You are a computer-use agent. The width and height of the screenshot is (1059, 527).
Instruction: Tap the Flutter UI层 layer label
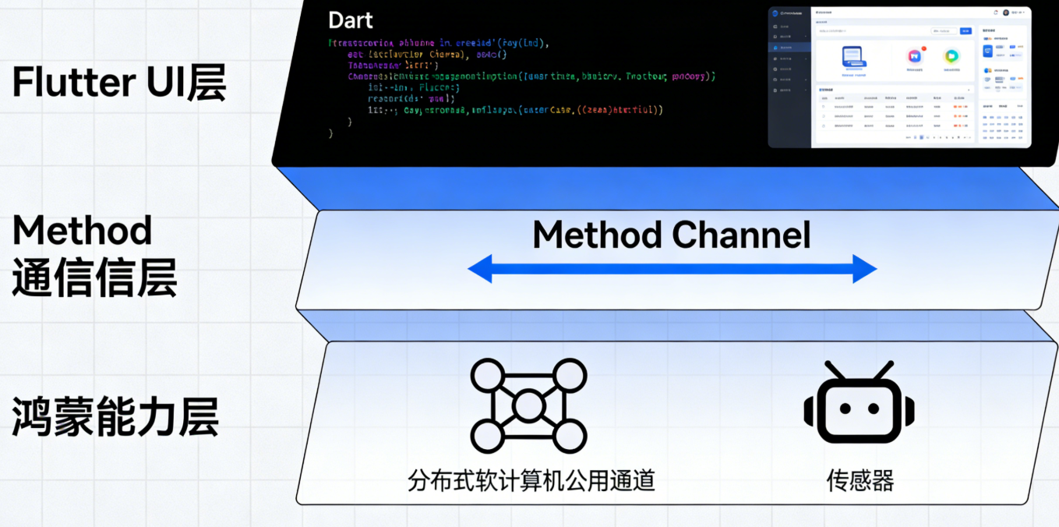[119, 83]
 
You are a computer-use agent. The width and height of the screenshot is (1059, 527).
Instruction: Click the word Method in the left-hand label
[82, 231]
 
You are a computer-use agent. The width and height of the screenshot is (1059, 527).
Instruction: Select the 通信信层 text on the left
[94, 278]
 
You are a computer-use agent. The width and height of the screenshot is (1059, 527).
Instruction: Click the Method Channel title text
[671, 235]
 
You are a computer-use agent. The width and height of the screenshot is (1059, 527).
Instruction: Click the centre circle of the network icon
[529, 405]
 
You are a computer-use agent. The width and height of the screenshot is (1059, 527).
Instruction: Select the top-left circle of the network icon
[488, 375]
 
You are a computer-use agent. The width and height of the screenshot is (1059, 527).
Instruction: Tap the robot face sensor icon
[860, 406]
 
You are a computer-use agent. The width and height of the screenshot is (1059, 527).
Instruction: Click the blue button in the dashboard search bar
[965, 31]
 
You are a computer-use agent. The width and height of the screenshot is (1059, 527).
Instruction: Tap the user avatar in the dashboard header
[1005, 12]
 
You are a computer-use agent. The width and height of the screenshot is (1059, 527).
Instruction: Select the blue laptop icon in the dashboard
[854, 58]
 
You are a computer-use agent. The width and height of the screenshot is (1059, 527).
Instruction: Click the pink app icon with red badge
[916, 56]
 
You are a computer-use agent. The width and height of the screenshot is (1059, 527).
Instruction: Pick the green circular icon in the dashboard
[951, 56]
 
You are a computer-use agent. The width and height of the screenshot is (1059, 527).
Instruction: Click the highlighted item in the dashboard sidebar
[789, 48]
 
